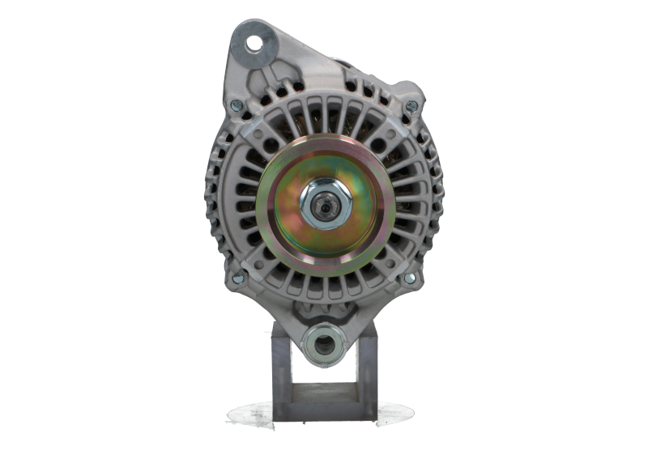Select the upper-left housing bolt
tap(236, 106)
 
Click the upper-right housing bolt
tap(410, 106)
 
